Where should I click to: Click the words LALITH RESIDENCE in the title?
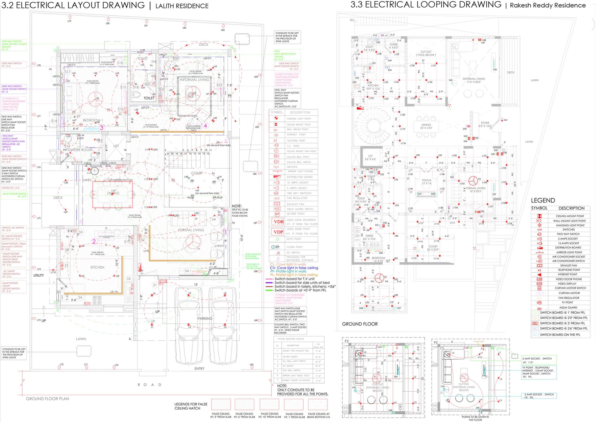[182, 6]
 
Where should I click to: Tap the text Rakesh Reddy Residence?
[548, 6]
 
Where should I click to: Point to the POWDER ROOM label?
[79, 150]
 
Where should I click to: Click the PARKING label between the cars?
[205, 318]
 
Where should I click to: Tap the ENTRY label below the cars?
[199, 369]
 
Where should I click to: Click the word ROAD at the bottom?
[149, 385]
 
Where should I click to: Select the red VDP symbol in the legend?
[278, 232]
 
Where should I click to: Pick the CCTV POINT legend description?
[294, 239]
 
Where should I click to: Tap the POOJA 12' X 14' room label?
[426, 182]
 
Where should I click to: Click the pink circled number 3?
[101, 128]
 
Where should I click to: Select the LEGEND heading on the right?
[543, 200]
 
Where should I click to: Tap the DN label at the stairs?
[352, 20]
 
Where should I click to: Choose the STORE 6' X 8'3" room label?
[393, 46]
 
